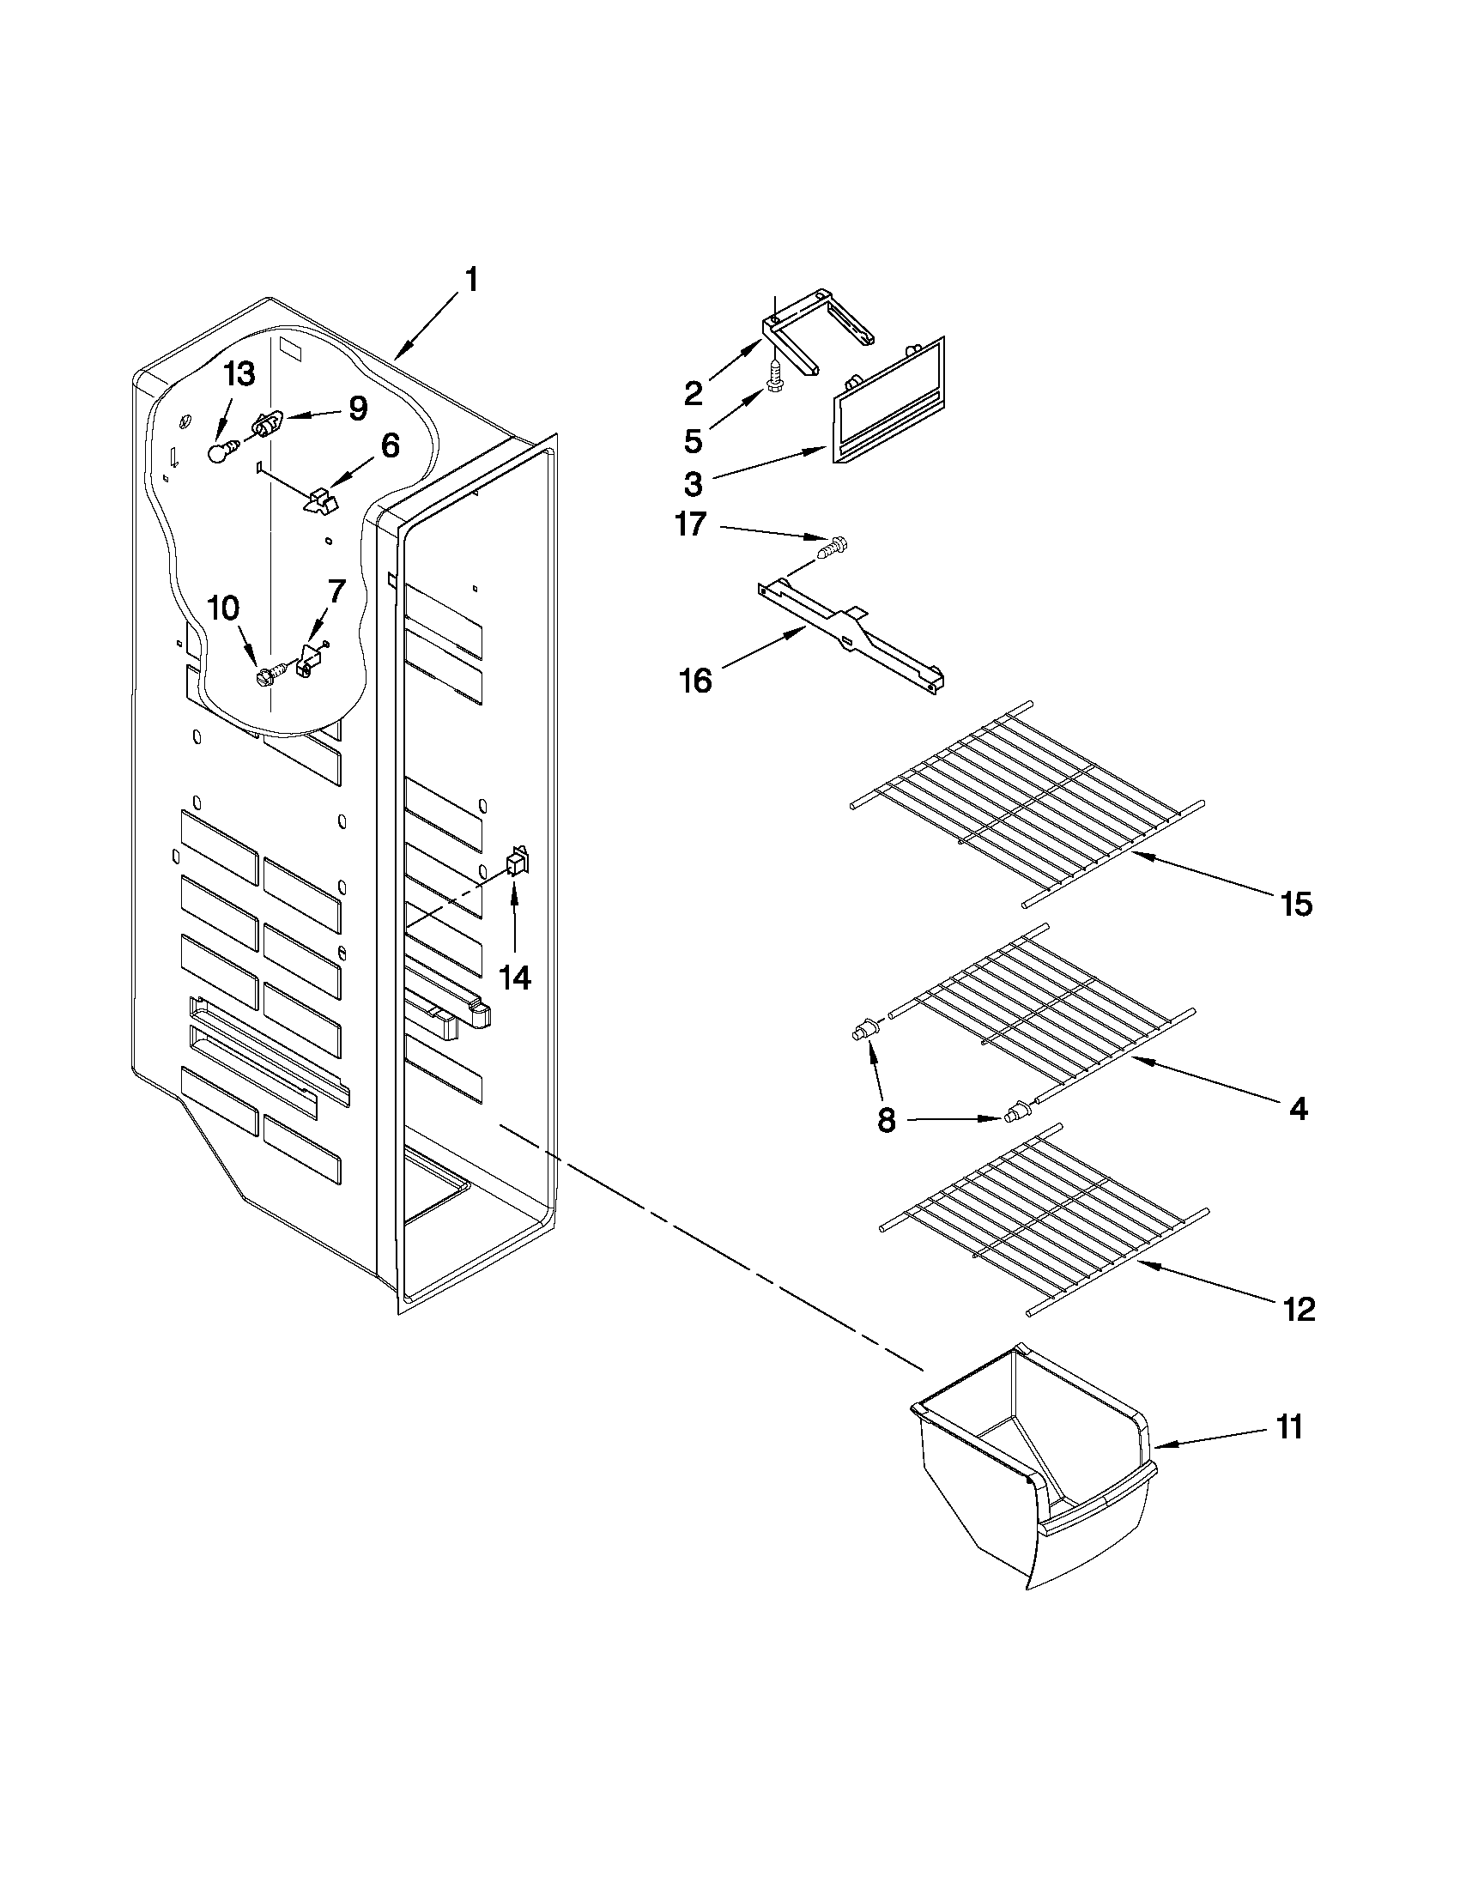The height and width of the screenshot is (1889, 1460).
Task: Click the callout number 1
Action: coord(470,281)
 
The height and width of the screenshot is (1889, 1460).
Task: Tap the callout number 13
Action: coord(239,375)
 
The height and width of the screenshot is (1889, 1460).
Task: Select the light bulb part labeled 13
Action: coord(222,451)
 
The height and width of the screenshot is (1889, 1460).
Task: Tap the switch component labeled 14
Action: coord(517,863)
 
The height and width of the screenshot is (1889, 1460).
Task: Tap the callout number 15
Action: coord(1297,905)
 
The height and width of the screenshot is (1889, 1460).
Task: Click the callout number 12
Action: coord(1299,1310)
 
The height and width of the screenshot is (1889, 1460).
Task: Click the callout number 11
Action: coord(1288,1428)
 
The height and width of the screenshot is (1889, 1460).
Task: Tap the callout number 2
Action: coord(693,394)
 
